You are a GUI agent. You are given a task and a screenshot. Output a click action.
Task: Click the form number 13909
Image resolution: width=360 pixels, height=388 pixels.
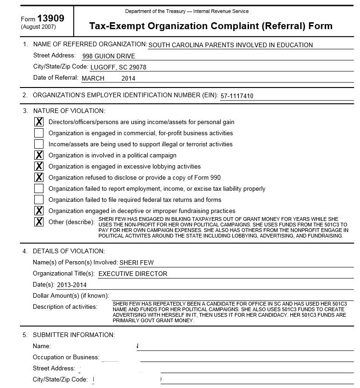pos(50,18)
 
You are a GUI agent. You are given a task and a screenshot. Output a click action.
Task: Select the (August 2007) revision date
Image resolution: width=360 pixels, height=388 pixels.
pos(38,27)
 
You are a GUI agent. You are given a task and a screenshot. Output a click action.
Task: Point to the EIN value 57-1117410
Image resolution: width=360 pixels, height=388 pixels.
pos(237,96)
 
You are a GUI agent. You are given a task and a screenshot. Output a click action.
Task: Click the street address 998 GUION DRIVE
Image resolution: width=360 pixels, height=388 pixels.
pos(108,56)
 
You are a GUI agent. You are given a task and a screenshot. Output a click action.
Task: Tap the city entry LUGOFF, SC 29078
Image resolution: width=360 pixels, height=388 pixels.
pos(118,67)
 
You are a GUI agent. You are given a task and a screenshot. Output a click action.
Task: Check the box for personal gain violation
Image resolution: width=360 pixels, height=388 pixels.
pos(39,122)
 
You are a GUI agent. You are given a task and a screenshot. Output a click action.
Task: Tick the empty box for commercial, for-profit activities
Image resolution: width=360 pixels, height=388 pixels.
pos(39,133)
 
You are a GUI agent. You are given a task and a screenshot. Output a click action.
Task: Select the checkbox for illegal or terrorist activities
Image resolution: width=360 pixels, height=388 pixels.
pos(39,144)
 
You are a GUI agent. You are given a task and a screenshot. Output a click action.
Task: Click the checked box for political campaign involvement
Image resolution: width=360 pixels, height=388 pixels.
pos(39,156)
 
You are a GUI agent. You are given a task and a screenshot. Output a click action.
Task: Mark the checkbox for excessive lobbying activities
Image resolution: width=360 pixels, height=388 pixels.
pos(39,167)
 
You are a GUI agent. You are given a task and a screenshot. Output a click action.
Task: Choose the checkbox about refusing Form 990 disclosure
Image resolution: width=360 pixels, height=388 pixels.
pos(39,178)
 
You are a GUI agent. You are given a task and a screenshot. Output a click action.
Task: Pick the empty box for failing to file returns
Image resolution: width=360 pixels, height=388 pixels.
pos(39,200)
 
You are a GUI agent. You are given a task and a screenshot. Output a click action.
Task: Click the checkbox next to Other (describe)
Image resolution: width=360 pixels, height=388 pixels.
pos(39,222)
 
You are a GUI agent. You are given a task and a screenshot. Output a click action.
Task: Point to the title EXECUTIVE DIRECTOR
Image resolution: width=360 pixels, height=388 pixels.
pos(133,274)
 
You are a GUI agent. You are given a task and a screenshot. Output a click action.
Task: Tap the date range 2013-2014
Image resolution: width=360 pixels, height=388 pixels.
pos(72,285)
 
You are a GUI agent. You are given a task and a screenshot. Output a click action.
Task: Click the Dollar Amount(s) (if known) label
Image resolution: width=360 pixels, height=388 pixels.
pos(71,295)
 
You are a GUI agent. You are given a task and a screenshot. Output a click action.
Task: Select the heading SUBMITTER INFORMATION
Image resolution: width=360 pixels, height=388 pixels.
pos(74,335)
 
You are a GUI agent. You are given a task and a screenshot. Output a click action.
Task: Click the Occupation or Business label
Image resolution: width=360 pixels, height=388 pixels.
pos(66,357)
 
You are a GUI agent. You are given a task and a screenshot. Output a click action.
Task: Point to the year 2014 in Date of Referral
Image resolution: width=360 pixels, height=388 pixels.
pos(128,78)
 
